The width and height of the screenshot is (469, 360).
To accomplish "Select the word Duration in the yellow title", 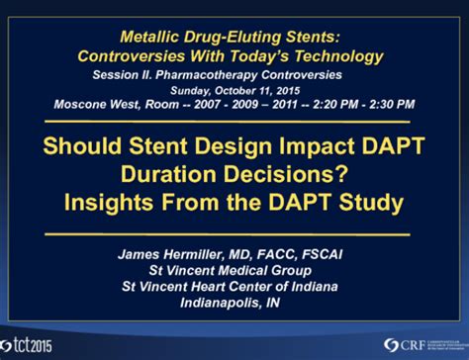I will [184, 173].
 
